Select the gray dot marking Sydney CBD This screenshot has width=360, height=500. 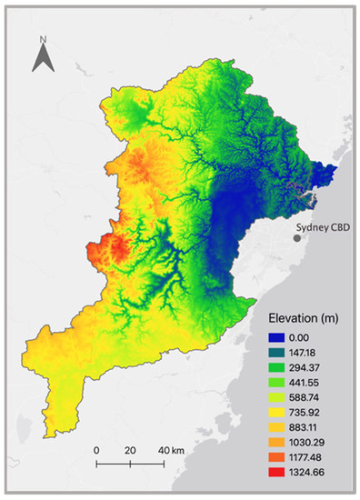296,238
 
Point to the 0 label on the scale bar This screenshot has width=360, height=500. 96,450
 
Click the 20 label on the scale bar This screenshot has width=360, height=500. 129,450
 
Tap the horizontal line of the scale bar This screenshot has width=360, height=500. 129,465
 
